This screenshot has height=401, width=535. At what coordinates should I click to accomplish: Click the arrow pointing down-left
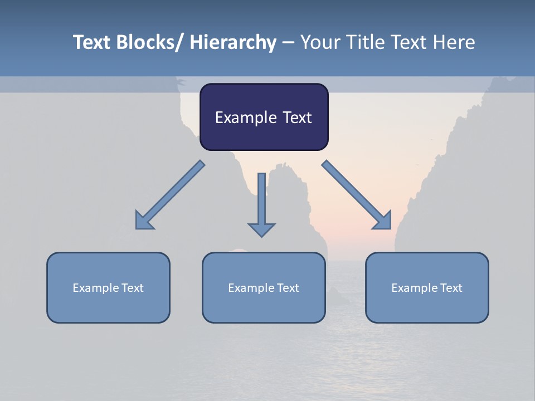170,195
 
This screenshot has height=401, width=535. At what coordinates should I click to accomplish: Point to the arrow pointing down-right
357,195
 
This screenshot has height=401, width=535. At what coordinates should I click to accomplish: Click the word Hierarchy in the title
233,42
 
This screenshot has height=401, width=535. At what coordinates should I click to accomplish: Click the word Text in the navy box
296,118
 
